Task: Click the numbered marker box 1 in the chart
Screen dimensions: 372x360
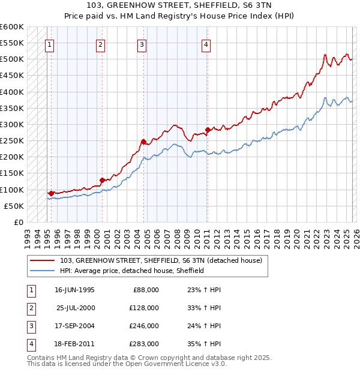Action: click(x=49, y=44)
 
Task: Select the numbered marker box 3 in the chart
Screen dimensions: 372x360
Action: click(x=142, y=44)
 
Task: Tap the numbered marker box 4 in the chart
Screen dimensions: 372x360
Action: click(x=206, y=44)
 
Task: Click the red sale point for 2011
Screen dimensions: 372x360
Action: click(x=208, y=130)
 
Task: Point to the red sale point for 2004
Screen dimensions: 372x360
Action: click(x=143, y=142)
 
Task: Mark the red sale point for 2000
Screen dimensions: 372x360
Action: click(x=102, y=180)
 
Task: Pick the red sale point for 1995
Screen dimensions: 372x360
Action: click(x=52, y=193)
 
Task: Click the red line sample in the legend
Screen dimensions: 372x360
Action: click(x=42, y=261)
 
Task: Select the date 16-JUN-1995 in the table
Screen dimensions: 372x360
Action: click(x=74, y=290)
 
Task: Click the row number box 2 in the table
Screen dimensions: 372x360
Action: click(x=30, y=308)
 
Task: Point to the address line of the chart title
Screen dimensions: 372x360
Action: click(x=180, y=5)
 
